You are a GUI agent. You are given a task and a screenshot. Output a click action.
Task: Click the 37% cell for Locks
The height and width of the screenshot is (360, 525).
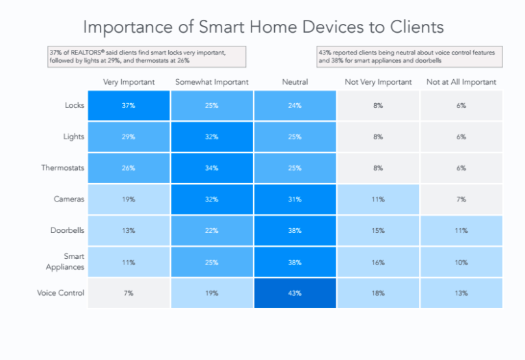(129, 106)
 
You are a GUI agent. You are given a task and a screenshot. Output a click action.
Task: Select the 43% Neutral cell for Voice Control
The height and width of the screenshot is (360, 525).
(295, 293)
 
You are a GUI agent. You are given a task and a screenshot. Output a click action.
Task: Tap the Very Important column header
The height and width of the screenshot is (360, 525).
(129, 82)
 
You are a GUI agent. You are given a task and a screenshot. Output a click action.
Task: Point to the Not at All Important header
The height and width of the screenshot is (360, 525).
(461, 82)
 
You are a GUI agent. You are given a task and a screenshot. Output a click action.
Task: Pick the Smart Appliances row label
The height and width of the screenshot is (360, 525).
(66, 262)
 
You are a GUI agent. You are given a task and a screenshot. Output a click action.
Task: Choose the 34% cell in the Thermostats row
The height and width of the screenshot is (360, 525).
(211, 168)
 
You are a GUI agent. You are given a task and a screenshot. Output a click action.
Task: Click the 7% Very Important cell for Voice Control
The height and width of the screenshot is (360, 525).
(129, 293)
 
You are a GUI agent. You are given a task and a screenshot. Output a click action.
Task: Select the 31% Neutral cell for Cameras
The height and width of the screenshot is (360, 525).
(295, 199)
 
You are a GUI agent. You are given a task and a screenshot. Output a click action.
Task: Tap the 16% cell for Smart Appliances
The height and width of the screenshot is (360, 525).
(378, 262)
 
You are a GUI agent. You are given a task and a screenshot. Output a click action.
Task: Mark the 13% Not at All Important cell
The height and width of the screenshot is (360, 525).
(461, 293)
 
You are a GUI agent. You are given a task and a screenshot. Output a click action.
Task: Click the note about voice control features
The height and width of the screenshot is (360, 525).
(409, 56)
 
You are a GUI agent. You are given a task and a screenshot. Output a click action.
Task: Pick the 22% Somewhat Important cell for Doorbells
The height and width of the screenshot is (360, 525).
(211, 231)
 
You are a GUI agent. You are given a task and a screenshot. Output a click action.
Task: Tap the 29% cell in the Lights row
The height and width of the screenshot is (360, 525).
(129, 137)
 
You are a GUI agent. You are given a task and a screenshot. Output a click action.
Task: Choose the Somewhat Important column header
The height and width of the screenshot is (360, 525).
(211, 82)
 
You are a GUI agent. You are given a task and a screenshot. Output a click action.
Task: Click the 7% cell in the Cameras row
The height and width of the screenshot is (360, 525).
(461, 199)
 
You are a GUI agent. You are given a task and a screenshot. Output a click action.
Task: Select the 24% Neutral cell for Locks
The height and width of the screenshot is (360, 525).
(295, 106)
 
